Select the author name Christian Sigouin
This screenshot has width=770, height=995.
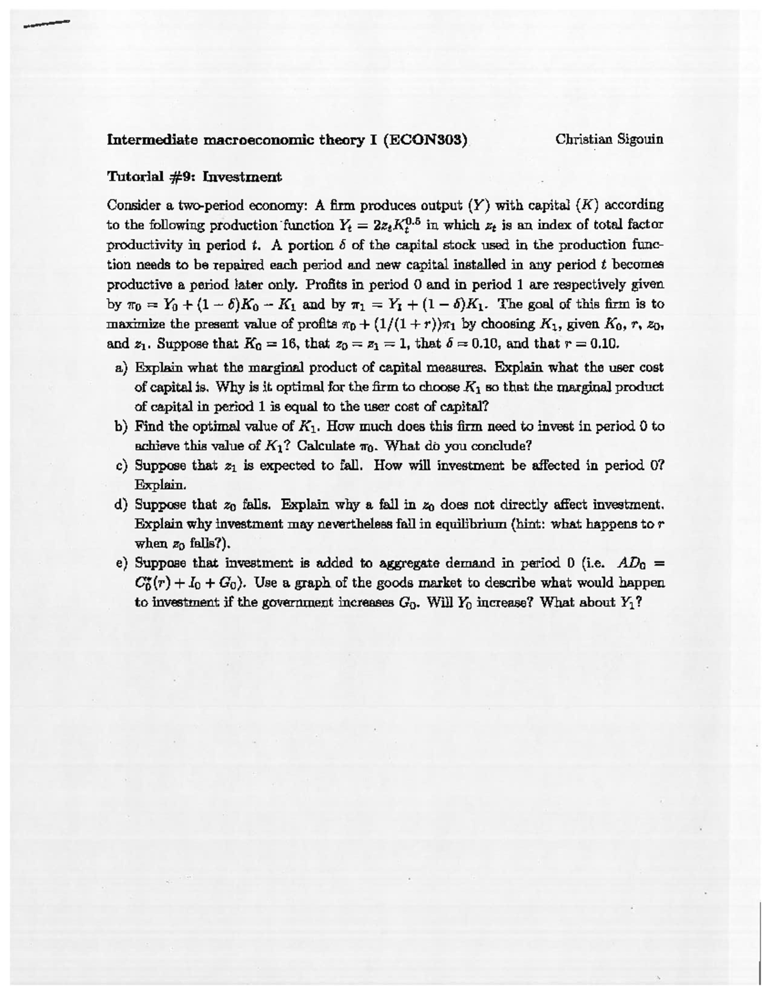coord(609,138)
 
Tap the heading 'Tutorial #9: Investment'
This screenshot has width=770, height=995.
coord(194,176)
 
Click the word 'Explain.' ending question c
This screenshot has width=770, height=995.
coord(151,485)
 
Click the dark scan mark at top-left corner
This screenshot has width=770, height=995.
coord(45,24)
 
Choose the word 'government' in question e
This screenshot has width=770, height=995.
coord(281,603)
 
